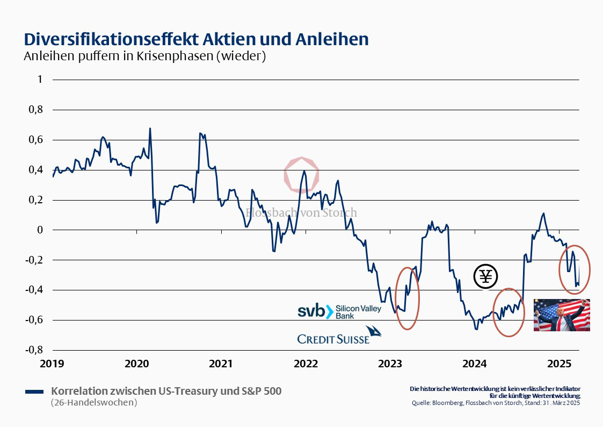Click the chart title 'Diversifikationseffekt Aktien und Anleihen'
click(x=196, y=39)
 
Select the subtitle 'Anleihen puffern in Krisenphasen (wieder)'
click(x=144, y=56)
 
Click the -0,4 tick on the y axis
click(x=34, y=290)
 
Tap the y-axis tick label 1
click(x=39, y=80)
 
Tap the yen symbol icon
click(x=485, y=277)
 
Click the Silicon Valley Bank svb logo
click(x=339, y=311)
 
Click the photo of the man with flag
click(x=562, y=315)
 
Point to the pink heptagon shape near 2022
click(x=302, y=175)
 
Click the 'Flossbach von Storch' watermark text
click(x=301, y=212)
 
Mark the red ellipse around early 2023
click(x=408, y=298)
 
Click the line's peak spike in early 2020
click(x=150, y=129)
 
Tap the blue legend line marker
click(x=34, y=392)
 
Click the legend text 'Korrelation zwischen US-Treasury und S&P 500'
click(x=166, y=391)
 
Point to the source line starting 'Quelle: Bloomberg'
click(x=496, y=403)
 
